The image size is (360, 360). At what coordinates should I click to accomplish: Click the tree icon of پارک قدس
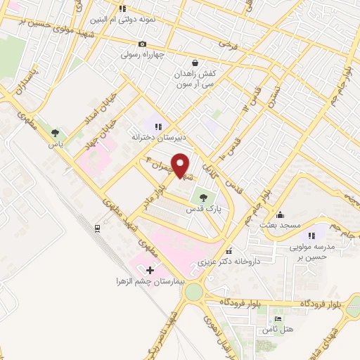point(204,198)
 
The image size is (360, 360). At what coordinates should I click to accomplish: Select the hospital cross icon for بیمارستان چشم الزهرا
point(149,270)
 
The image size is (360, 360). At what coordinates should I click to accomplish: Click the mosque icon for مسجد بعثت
point(281,214)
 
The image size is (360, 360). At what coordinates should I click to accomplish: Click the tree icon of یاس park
point(56,132)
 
